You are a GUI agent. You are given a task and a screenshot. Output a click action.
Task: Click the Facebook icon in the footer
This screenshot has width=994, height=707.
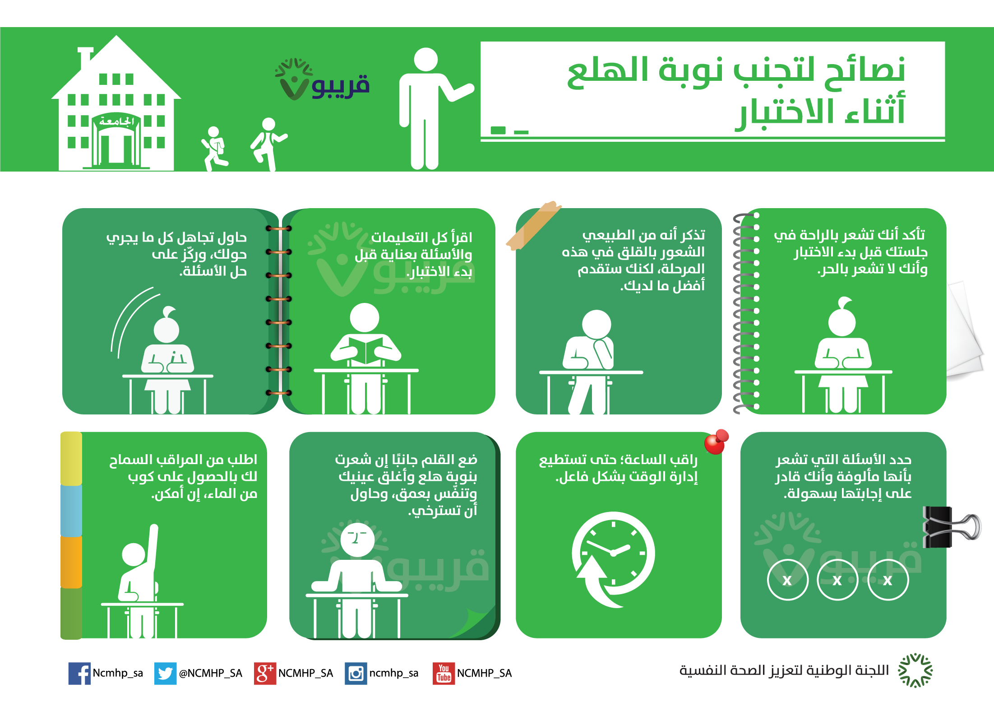pyautogui.click(x=79, y=673)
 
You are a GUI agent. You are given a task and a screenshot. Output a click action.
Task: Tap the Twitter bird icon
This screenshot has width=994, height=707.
pyautogui.click(x=165, y=673)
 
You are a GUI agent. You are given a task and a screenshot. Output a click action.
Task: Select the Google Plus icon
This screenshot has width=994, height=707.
pyautogui.click(x=265, y=673)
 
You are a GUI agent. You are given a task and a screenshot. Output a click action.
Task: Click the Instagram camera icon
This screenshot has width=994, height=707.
pyautogui.click(x=356, y=673)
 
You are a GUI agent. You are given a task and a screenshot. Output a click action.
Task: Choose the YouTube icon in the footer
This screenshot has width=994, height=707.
pyautogui.click(x=444, y=673)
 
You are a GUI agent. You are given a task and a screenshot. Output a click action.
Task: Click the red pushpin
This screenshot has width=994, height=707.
pyautogui.click(x=716, y=442)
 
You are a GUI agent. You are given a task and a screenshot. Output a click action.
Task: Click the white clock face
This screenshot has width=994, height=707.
pyautogui.click(x=614, y=553)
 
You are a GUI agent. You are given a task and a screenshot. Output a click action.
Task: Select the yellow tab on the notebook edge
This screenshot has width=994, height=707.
pyautogui.click(x=71, y=459)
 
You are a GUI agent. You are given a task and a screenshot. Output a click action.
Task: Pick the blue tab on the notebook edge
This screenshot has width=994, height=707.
pyautogui.click(x=71, y=510)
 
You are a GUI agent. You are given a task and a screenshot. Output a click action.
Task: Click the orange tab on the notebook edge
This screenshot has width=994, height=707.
pyautogui.click(x=71, y=562)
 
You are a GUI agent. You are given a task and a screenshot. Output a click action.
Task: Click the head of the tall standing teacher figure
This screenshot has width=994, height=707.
pyautogui.click(x=425, y=60)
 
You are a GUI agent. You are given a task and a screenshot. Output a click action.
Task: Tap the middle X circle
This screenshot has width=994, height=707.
pyautogui.click(x=837, y=580)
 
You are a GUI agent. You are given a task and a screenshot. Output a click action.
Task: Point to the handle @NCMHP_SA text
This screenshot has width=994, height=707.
pyautogui.click(x=211, y=673)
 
